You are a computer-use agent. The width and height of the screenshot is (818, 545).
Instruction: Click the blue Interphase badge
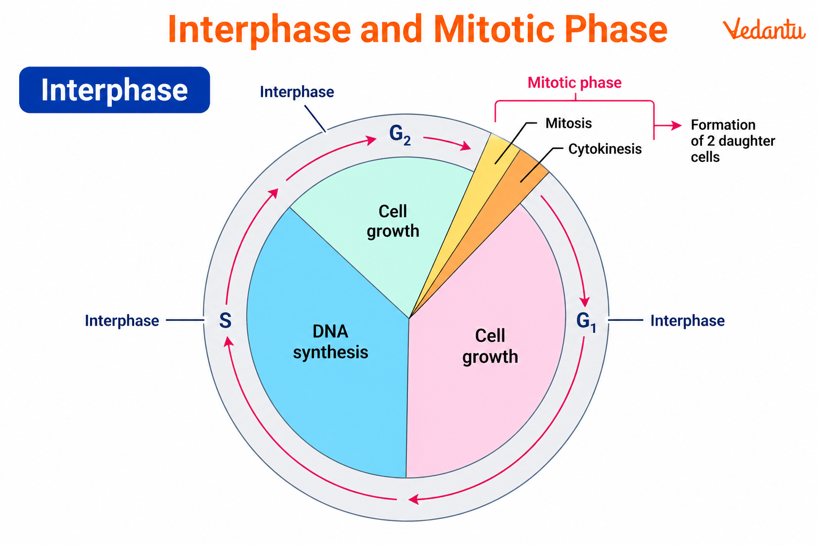pyautogui.click(x=114, y=90)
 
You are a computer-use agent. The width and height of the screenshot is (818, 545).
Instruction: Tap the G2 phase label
pyautogui.click(x=399, y=135)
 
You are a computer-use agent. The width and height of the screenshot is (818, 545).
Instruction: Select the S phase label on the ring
pyautogui.click(x=225, y=320)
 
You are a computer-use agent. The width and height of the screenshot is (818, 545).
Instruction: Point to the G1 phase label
pyautogui.click(x=586, y=321)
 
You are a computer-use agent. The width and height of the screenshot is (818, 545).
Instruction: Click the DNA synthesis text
pyautogui.click(x=330, y=342)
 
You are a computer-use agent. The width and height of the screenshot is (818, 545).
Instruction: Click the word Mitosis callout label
pyautogui.click(x=568, y=123)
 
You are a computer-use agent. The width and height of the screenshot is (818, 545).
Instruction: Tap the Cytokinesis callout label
pyautogui.click(x=604, y=149)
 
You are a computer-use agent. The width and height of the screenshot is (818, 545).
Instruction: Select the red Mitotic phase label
pyautogui.click(x=574, y=83)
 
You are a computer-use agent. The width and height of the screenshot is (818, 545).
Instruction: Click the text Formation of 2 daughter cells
pyautogui.click(x=732, y=141)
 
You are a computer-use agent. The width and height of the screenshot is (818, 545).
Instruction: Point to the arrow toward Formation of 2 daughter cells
pyautogui.click(x=669, y=126)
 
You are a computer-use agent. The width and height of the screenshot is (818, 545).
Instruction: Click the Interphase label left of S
pyautogui.click(x=122, y=321)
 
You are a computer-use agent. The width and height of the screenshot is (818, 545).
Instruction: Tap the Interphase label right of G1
pyautogui.click(x=687, y=321)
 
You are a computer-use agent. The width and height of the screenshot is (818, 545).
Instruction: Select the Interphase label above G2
pyautogui.click(x=297, y=92)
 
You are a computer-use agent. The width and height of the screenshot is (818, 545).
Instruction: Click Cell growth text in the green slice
pyautogui.click(x=393, y=221)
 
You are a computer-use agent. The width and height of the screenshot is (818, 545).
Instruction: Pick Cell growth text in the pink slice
pyautogui.click(x=490, y=346)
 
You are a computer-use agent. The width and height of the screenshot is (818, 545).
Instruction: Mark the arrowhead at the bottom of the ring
pyautogui.click(x=413, y=499)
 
